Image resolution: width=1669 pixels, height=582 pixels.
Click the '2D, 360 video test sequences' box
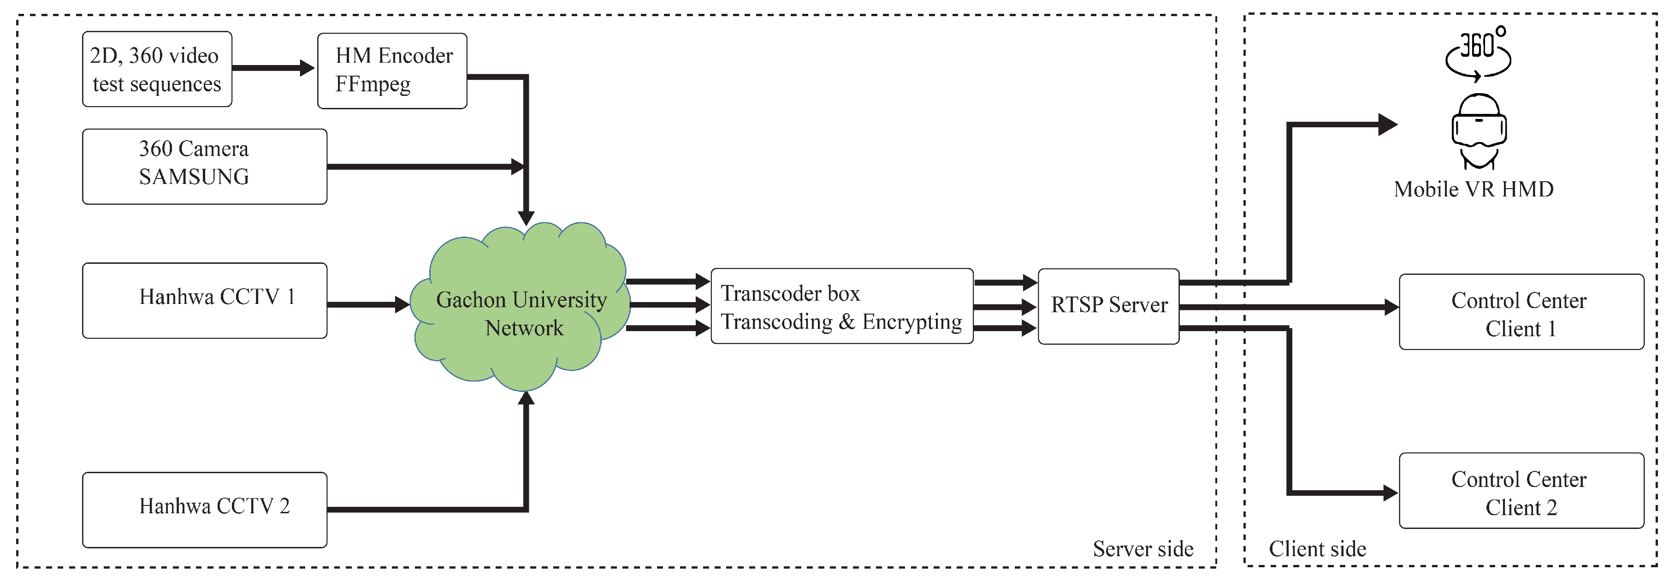pyautogui.click(x=157, y=69)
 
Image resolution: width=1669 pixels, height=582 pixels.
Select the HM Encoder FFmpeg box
pyautogui.click(x=392, y=71)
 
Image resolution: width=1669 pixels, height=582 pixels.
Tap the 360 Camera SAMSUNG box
pyautogui.click(x=205, y=166)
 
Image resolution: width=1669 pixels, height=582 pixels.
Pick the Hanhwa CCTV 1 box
pyautogui.click(x=205, y=301)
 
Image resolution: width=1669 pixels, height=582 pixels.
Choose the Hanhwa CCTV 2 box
pyautogui.click(x=205, y=510)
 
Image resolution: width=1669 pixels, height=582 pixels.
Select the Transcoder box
pyautogui.click(x=841, y=306)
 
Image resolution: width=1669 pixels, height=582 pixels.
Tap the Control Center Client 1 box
pyautogui.click(x=1521, y=312)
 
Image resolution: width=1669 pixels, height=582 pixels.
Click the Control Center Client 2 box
pyautogui.click(x=1521, y=491)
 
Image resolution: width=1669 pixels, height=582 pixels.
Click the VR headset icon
pyautogui.click(x=1479, y=131)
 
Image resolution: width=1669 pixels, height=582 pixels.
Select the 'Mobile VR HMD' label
pyautogui.click(x=1474, y=189)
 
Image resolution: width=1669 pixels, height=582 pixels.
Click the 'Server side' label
pyautogui.click(x=1143, y=549)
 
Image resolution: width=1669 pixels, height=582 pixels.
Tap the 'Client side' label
pyautogui.click(x=1317, y=549)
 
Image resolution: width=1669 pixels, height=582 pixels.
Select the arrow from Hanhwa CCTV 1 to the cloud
pyautogui.click(x=368, y=304)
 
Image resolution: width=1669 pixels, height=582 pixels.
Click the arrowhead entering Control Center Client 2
pyautogui.click(x=1391, y=493)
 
